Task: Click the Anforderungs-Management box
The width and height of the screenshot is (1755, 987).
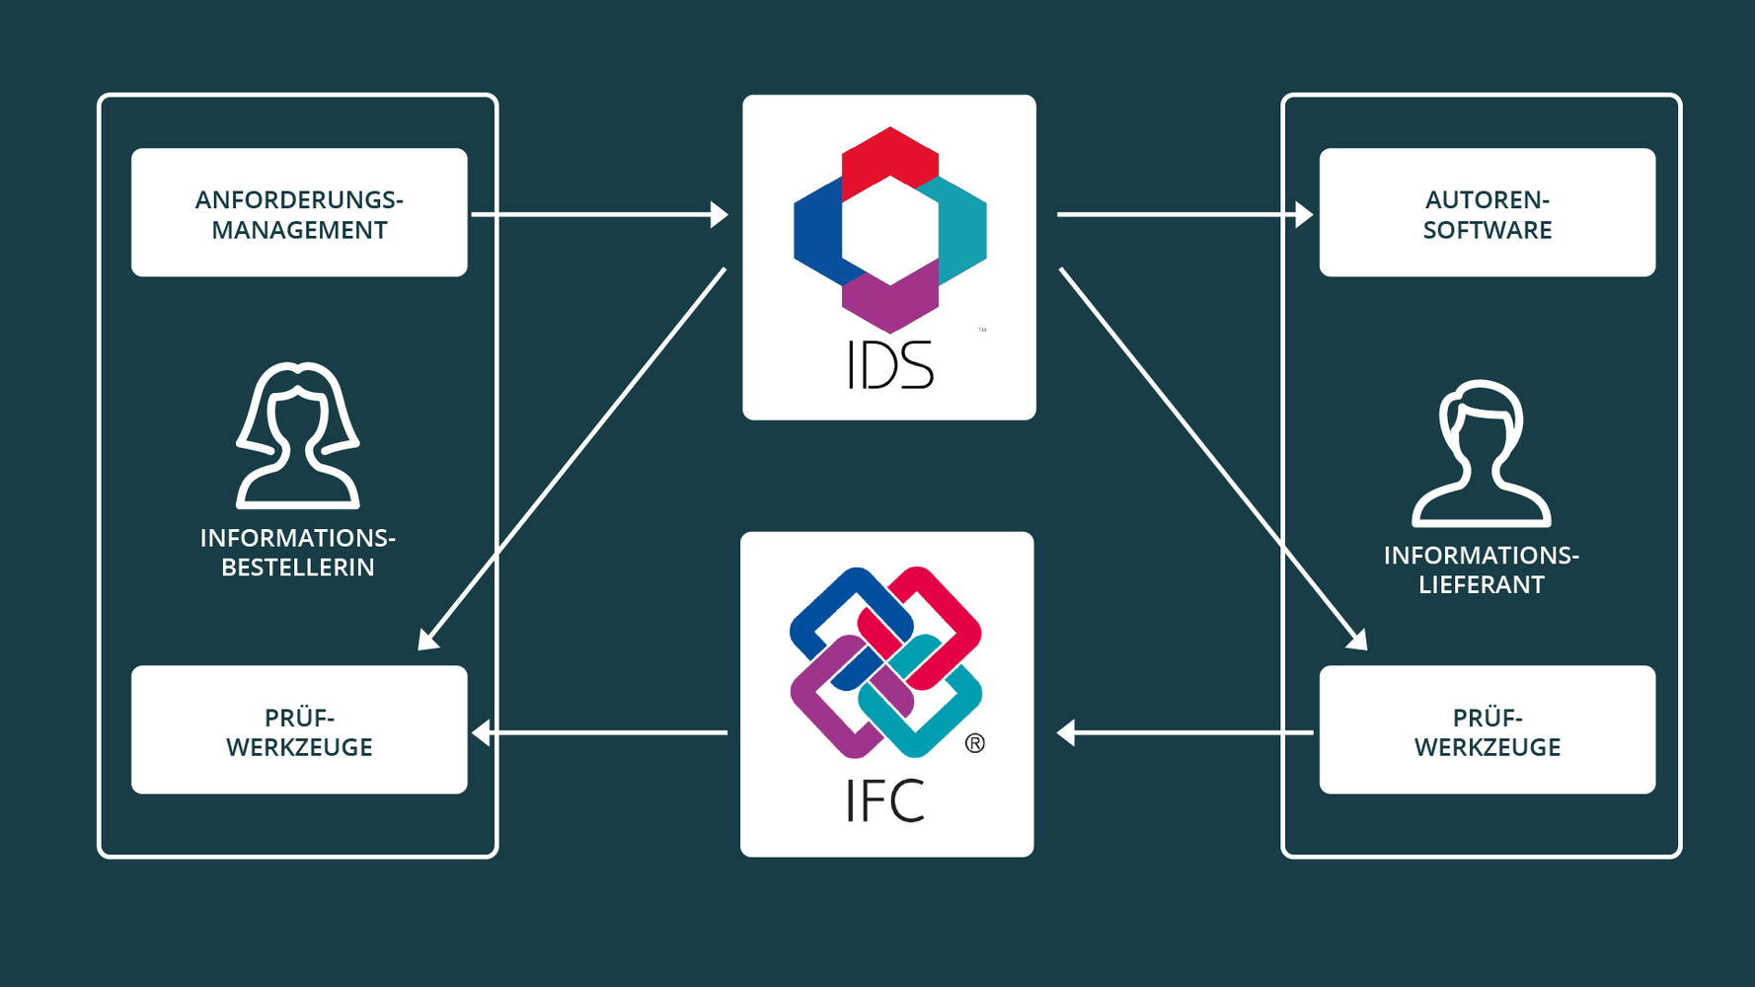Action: click(299, 213)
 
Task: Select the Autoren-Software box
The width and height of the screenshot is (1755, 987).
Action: click(1487, 213)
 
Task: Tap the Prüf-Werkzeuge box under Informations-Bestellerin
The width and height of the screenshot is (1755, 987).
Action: click(299, 730)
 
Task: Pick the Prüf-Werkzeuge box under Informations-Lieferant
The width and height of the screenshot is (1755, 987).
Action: click(1487, 730)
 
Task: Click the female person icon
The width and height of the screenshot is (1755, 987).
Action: click(297, 435)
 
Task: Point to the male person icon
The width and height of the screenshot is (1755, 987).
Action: click(1481, 453)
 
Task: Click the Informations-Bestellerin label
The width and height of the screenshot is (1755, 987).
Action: click(297, 553)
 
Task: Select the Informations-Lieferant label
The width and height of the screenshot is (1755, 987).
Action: click(1481, 569)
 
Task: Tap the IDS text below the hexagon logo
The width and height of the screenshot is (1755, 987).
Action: click(889, 366)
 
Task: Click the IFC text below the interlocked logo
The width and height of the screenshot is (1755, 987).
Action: click(885, 800)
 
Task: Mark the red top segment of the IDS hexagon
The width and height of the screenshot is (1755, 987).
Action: click(889, 157)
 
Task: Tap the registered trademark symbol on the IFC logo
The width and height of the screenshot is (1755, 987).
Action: click(974, 743)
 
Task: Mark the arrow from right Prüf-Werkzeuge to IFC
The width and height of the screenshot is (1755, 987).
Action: click(1184, 732)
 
